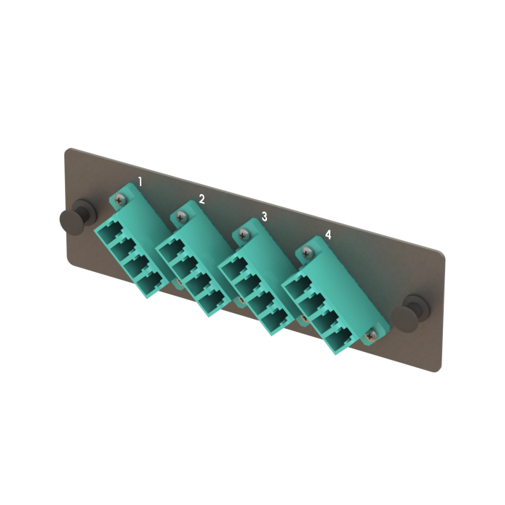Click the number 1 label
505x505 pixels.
point(140,182)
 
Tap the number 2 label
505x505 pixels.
point(202,199)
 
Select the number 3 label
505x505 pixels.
point(264,216)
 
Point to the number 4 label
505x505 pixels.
point(328,235)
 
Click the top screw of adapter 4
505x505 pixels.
point(309,252)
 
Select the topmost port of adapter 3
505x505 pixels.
point(231,268)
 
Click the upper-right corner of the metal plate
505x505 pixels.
point(442,250)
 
